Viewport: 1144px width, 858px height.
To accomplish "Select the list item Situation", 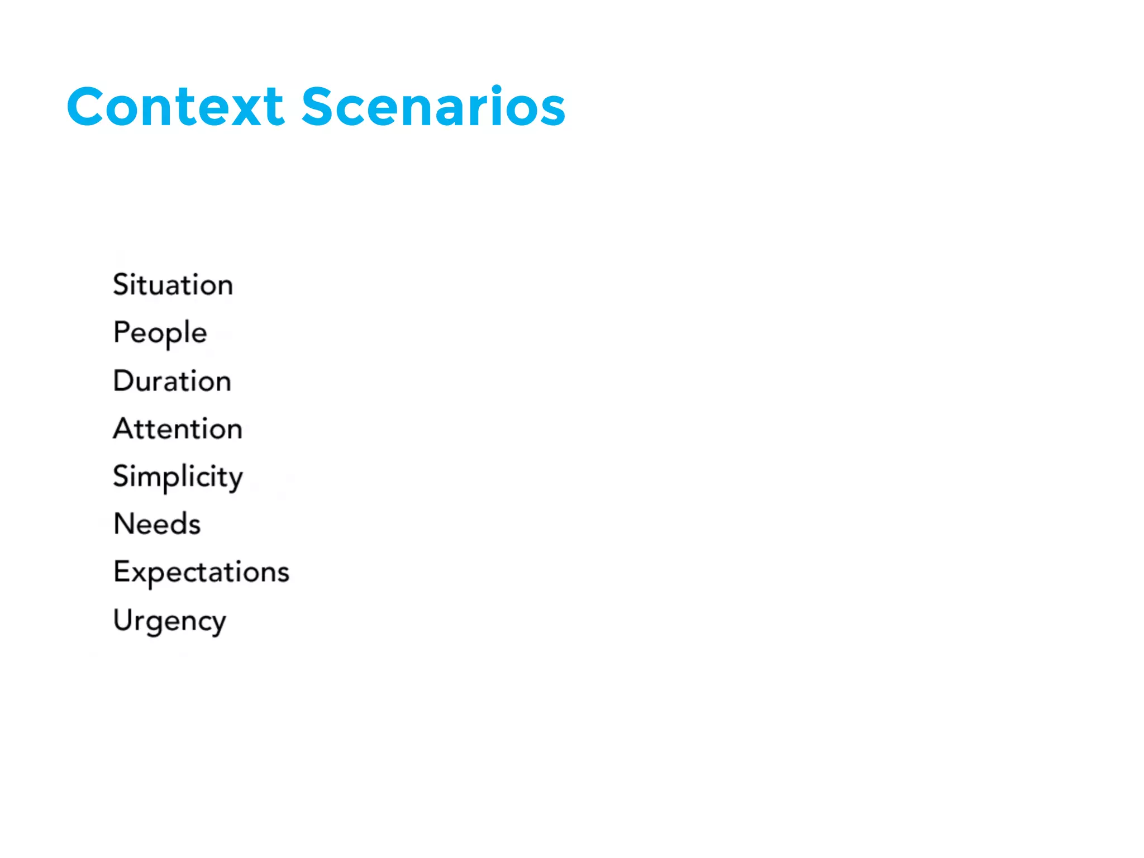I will (173, 285).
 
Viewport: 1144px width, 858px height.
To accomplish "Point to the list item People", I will (160, 333).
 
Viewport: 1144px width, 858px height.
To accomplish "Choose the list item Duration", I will (172, 381).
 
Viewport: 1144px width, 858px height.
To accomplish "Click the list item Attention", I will (178, 429).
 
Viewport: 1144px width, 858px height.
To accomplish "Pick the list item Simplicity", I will (178, 478).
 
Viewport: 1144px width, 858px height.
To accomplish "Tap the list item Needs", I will (156, 524).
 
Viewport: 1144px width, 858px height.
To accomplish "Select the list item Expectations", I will (201, 573).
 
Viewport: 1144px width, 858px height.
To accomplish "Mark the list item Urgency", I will (169, 621).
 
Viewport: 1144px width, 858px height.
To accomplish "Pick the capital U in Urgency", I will (122, 619).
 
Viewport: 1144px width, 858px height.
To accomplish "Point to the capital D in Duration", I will (123, 381).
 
